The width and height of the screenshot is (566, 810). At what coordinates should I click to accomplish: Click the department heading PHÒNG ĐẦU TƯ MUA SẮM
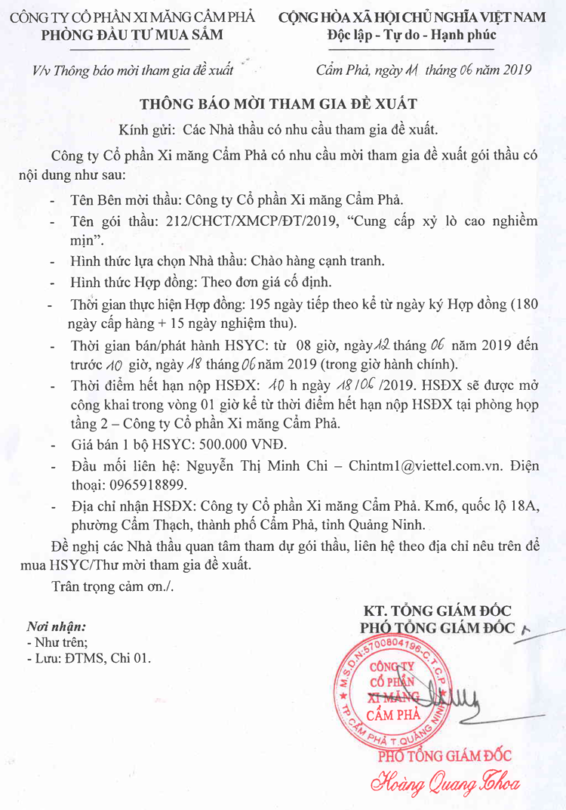click(114, 35)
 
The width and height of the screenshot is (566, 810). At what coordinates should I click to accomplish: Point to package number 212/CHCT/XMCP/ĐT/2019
click(238, 222)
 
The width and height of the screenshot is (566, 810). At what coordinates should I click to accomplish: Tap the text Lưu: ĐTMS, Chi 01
click(91, 658)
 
